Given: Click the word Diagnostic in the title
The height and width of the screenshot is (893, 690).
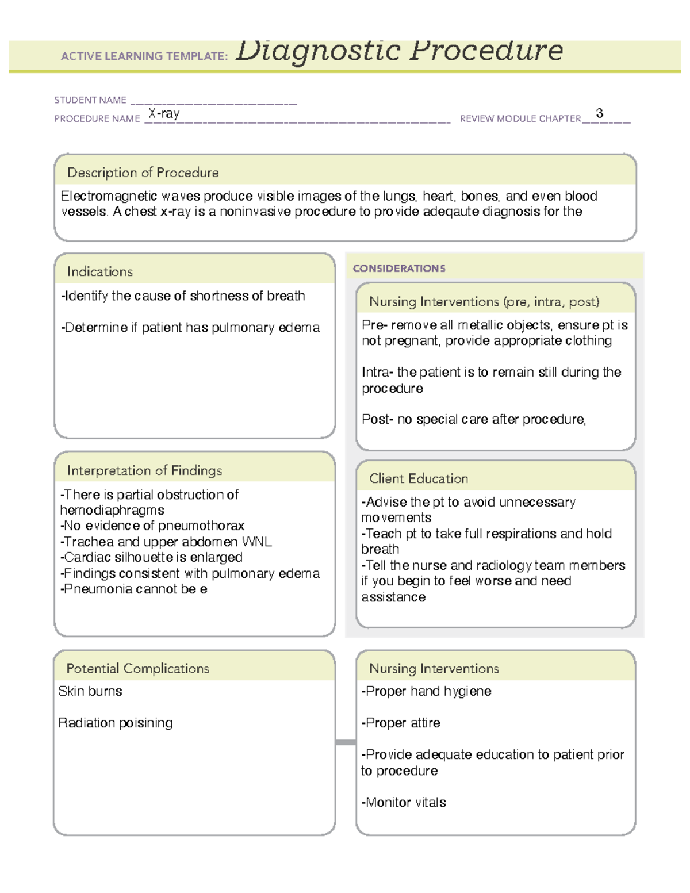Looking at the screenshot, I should [318, 51].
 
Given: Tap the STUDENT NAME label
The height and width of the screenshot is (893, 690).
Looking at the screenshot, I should [90, 100].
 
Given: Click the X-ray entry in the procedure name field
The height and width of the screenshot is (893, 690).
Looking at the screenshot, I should [164, 113].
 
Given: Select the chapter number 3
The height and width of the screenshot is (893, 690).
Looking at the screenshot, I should [600, 113].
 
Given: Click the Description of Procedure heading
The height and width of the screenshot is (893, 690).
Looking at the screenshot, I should [143, 173].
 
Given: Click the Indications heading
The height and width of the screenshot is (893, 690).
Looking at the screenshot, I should [99, 271].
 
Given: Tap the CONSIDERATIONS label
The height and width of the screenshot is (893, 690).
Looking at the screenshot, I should [399, 269].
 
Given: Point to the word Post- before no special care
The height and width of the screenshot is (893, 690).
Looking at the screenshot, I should [377, 420].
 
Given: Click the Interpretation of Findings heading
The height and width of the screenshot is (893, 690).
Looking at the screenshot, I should [144, 470].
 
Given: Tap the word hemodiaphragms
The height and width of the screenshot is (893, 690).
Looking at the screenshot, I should [112, 511].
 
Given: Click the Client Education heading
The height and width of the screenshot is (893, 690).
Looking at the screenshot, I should [419, 478].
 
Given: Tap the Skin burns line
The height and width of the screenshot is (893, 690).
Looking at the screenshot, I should [90, 692].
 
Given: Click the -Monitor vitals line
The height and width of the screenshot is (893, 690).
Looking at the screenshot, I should [404, 803].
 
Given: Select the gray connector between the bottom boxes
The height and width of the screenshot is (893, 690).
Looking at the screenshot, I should [345, 742].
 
